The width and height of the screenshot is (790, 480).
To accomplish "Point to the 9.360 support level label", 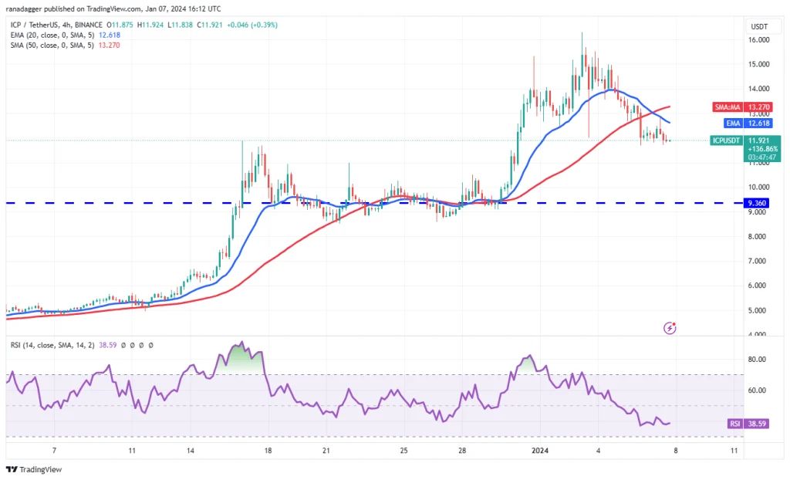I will (757, 203).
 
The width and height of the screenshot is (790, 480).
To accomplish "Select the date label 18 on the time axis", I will (268, 451).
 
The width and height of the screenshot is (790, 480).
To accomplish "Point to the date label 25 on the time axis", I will (403, 451).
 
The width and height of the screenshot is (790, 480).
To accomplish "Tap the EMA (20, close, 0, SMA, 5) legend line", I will (52, 35).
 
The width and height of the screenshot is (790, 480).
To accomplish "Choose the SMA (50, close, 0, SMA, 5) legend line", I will (52, 45).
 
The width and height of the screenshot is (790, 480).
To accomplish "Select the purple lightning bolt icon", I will (670, 328).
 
